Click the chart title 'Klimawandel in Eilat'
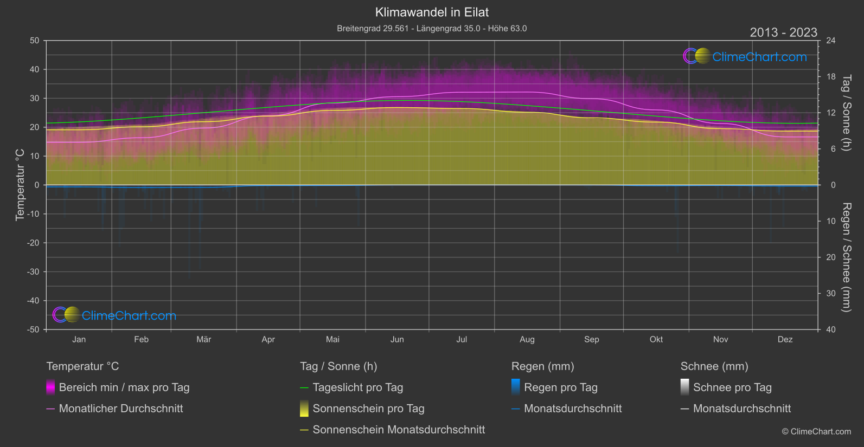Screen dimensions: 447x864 point(432,12)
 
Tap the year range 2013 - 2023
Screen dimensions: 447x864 point(783,33)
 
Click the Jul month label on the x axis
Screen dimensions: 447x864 point(462,339)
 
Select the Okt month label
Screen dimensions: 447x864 point(656,339)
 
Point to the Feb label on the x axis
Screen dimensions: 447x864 point(141,339)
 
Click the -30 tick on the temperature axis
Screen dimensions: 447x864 point(34,272)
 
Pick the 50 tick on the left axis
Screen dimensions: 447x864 point(35,41)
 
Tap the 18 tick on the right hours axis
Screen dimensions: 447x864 point(830,77)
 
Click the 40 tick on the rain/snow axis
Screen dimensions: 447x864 point(830,329)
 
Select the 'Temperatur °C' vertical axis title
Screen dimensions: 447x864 point(20,185)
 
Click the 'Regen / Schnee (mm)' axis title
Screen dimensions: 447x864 point(846,257)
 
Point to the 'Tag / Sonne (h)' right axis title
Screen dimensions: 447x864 point(846,113)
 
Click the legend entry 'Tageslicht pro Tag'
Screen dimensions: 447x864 point(357,387)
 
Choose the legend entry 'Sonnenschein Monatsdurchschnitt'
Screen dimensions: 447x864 point(399,430)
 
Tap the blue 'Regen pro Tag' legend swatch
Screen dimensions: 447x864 point(515,387)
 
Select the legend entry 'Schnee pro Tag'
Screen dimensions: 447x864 point(732,387)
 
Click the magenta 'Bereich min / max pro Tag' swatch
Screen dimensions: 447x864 point(50,387)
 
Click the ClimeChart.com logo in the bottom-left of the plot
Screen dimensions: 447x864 point(114,315)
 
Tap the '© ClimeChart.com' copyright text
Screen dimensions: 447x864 point(816,432)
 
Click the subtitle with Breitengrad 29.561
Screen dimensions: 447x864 point(432,28)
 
